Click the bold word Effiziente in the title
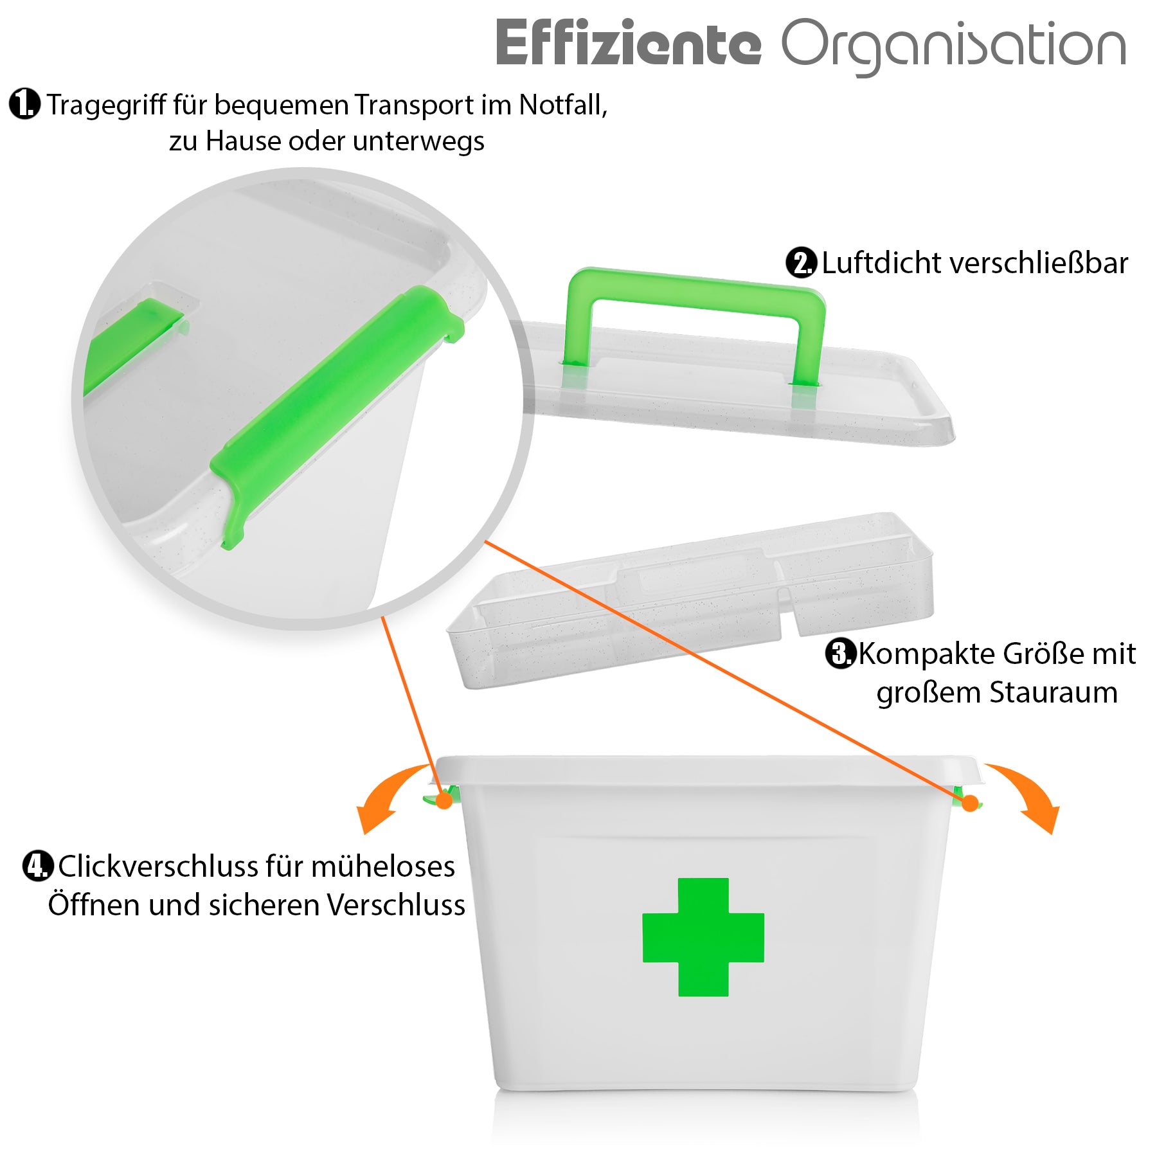(628, 43)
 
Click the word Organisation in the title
(954, 46)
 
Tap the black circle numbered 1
(25, 104)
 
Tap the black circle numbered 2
(802, 262)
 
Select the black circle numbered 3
(841, 654)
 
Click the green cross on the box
(703, 937)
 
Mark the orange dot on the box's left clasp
(444, 800)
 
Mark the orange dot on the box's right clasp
(970, 802)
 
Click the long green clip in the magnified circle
(336, 418)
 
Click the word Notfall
(563, 105)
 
